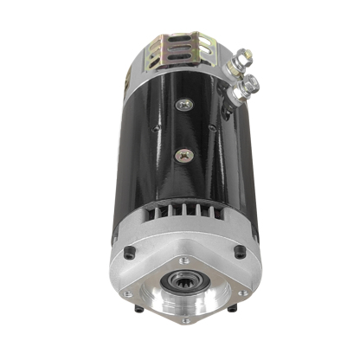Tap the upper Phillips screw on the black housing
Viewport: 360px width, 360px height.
(x=183, y=104)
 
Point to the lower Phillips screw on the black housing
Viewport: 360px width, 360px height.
(x=183, y=156)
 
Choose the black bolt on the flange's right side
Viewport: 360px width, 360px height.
(x=240, y=252)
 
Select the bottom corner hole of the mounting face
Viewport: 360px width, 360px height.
(x=185, y=321)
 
